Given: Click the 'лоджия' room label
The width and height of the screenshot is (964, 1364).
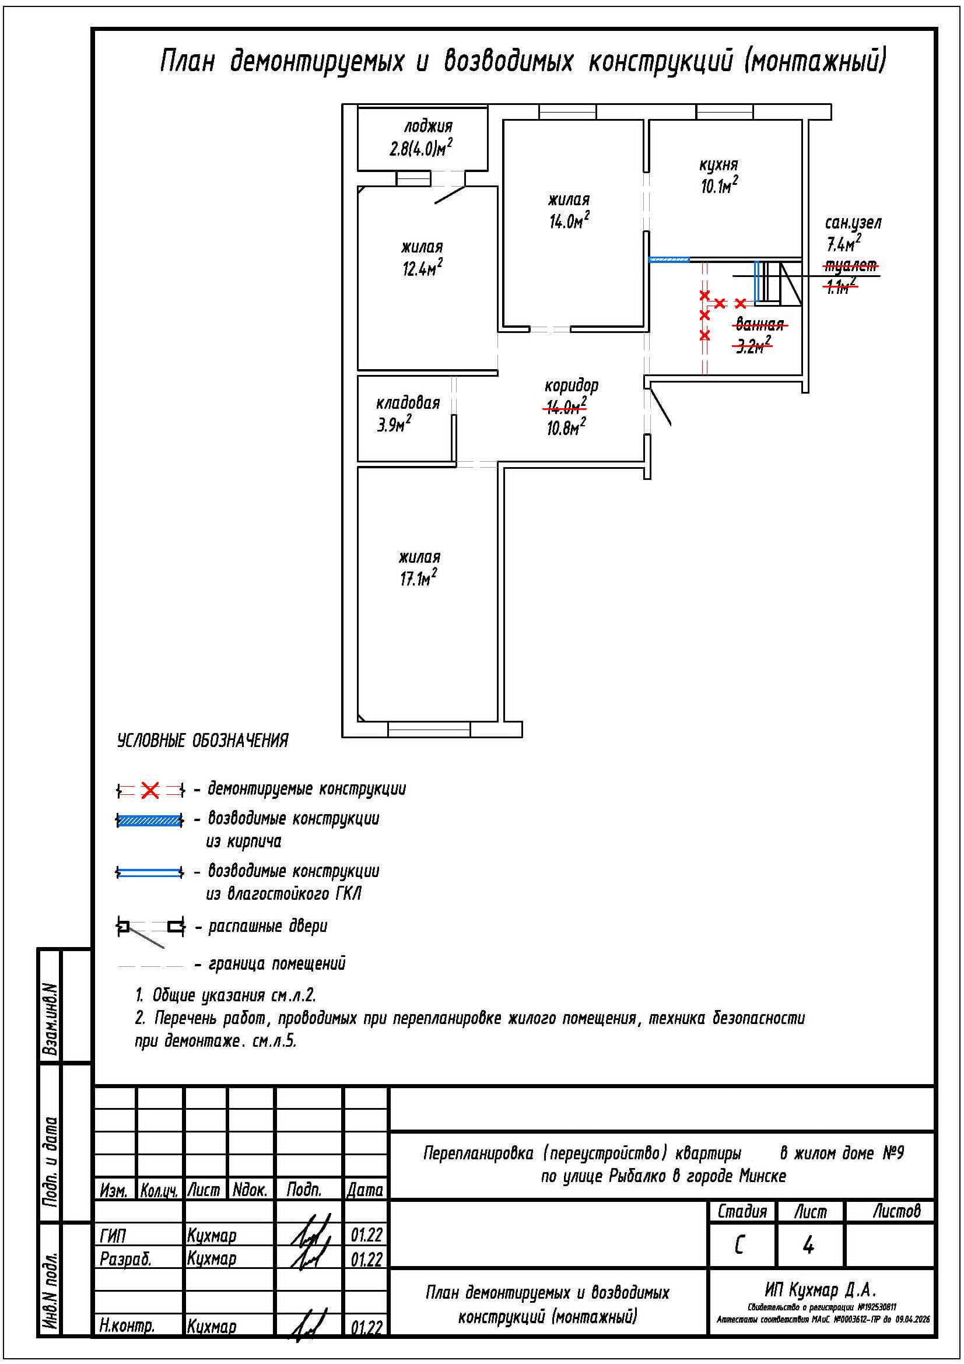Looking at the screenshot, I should click(427, 127).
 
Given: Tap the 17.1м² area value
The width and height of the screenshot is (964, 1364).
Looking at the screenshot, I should click(418, 578).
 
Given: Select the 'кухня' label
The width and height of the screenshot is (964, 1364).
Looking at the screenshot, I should click(718, 164).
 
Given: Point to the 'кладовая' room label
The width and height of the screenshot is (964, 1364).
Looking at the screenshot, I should click(408, 404).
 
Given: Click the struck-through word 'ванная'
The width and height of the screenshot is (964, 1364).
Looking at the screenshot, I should click(760, 325).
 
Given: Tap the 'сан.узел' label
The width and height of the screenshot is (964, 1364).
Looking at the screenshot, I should click(853, 223).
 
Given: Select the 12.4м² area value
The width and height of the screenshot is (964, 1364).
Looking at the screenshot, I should click(422, 269).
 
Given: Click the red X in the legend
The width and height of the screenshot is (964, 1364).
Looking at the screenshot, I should click(150, 790).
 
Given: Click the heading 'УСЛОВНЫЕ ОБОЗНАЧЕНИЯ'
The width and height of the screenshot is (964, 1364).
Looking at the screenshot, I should click(202, 741).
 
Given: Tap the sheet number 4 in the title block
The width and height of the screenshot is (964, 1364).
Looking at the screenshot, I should click(808, 1246).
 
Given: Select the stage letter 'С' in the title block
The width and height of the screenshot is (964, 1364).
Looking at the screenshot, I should click(739, 1246).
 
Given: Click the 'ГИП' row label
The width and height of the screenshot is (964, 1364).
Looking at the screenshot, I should click(113, 1236).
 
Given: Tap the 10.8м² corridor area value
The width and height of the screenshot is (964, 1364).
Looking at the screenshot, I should click(566, 427).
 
